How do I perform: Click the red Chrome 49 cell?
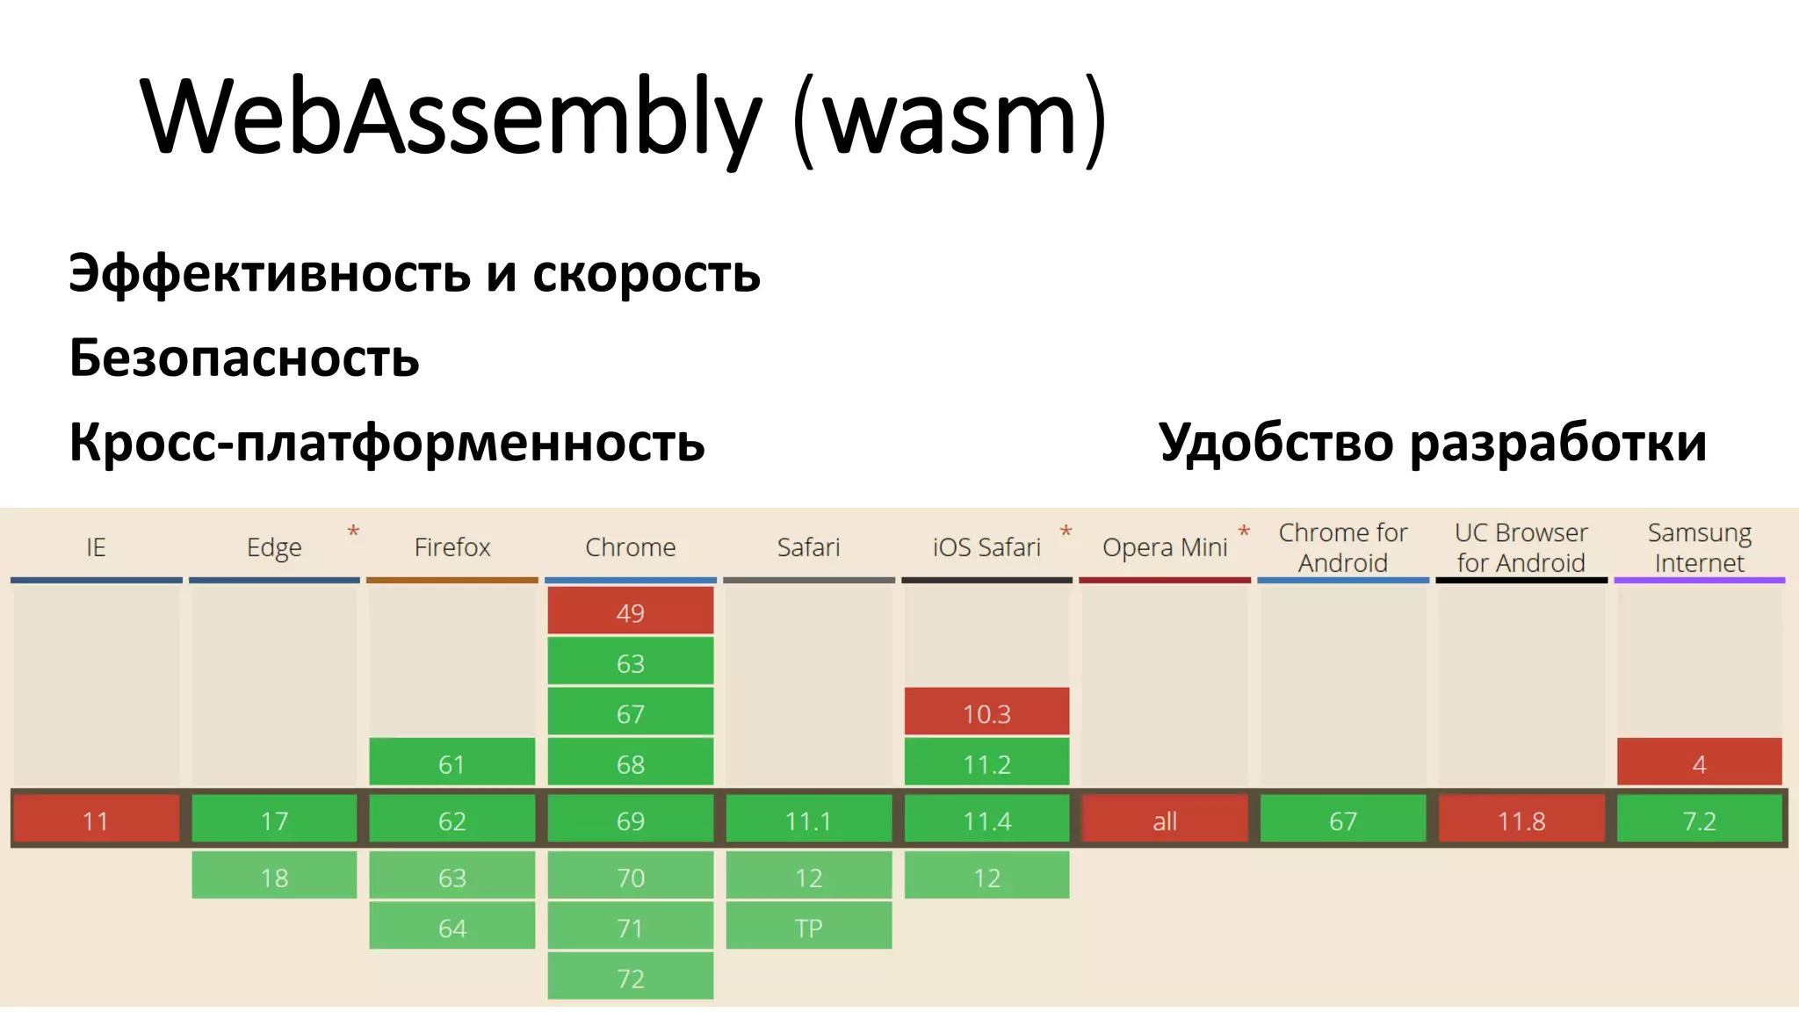pyautogui.click(x=630, y=611)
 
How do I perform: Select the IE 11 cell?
pyautogui.click(x=96, y=820)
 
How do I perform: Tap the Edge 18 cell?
pyautogui.click(x=274, y=877)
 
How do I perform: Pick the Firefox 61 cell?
pyautogui.click(x=452, y=763)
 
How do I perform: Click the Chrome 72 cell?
pyautogui.click(x=630, y=978)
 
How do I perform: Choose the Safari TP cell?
pyautogui.click(x=808, y=928)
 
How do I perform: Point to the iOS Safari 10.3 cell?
pyautogui.click(x=986, y=712)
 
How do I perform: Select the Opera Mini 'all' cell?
pyautogui.click(x=1165, y=820)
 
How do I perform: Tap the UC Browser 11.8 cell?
pyautogui.click(x=1521, y=820)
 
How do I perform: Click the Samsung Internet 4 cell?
pyautogui.click(x=1699, y=763)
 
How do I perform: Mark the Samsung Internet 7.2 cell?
pyautogui.click(x=1699, y=820)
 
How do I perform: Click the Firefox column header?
pyautogui.click(x=452, y=547)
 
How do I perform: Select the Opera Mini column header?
pyautogui.click(x=1165, y=547)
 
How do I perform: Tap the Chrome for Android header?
pyautogui.click(x=1342, y=547)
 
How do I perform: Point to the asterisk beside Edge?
pyautogui.click(x=353, y=531)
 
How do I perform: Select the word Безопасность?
pyautogui.click(x=244, y=358)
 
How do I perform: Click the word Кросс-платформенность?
pyautogui.click(x=387, y=442)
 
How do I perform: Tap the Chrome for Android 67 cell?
pyautogui.click(x=1342, y=820)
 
